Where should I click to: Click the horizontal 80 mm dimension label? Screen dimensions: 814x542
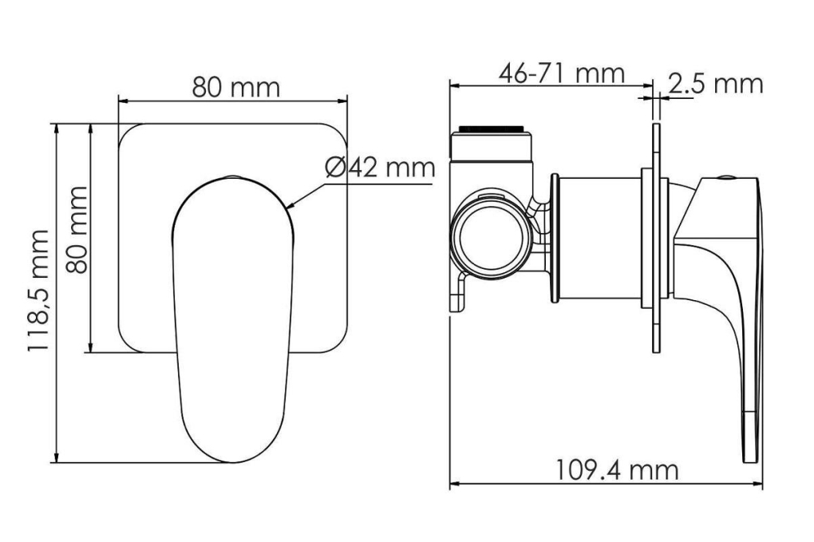click(235, 87)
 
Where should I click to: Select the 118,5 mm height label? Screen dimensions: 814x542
click(38, 291)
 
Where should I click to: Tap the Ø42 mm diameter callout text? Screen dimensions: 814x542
click(381, 167)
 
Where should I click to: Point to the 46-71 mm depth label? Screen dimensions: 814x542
click(561, 73)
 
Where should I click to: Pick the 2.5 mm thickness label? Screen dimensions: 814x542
click(715, 84)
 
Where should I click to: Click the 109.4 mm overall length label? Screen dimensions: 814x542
click(617, 470)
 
